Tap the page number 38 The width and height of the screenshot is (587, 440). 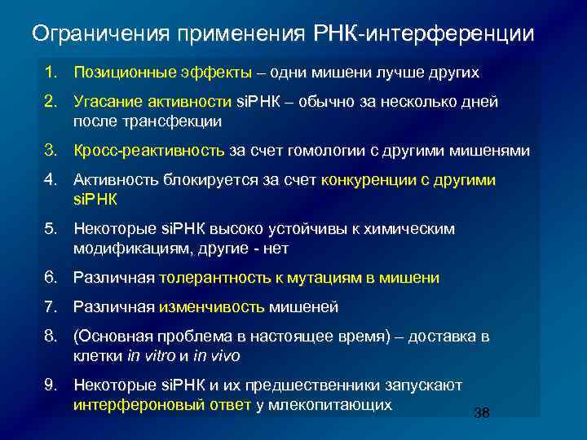coord(481,413)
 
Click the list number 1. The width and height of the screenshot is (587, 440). coord(51,72)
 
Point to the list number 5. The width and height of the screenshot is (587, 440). coord(51,229)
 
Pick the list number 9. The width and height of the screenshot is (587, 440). coord(51,385)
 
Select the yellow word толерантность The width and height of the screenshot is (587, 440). coord(214,278)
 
